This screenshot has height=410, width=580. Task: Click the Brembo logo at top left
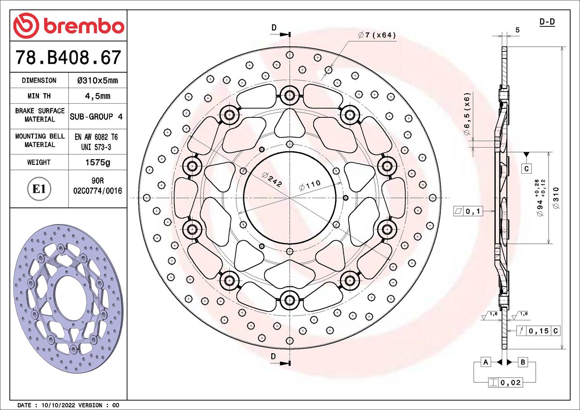[x=69, y=26]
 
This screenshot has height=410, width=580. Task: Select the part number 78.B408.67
[x=69, y=57]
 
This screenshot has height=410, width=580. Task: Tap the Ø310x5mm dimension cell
[x=98, y=81]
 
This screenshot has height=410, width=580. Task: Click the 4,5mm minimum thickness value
[x=98, y=96]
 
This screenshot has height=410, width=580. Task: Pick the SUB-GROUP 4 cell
[x=96, y=117]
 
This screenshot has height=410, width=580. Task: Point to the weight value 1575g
[x=98, y=162]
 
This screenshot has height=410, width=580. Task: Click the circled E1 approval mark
[x=39, y=189]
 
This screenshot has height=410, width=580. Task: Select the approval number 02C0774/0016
[x=98, y=191]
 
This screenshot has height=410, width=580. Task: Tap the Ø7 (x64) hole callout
[x=377, y=36]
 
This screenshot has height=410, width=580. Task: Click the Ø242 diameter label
[x=272, y=179]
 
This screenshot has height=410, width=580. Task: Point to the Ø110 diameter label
[x=310, y=185]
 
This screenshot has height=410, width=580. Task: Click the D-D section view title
[x=547, y=22]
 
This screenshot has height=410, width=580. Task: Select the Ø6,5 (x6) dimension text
[x=467, y=114]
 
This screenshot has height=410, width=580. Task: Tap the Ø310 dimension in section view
[x=556, y=198]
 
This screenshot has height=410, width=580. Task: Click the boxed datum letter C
[x=526, y=169]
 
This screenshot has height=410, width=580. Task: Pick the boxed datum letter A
[x=486, y=362]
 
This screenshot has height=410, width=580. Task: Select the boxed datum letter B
[x=523, y=362]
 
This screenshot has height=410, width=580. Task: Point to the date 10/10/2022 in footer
[x=56, y=405]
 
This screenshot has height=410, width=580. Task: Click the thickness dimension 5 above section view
[x=517, y=30]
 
